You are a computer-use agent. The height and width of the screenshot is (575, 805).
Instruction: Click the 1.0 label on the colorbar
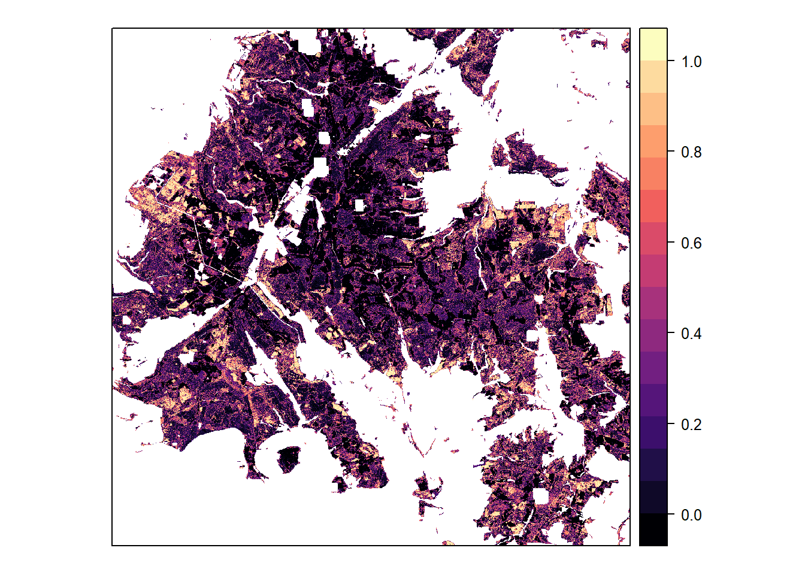[691, 62]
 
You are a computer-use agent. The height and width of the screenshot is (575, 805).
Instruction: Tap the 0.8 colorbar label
[691, 152]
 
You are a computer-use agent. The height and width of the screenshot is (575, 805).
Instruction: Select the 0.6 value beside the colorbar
[691, 243]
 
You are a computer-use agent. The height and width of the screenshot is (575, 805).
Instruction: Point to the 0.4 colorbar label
[691, 334]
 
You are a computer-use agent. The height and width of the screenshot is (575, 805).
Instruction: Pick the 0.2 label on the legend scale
[691, 425]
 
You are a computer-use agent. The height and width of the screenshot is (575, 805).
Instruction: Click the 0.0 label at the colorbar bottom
[691, 515]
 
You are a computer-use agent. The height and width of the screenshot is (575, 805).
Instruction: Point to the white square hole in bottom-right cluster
[541, 497]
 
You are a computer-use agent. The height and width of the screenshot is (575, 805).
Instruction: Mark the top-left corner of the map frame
[112, 28]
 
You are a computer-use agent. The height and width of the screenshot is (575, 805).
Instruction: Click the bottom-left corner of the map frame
[112, 546]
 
